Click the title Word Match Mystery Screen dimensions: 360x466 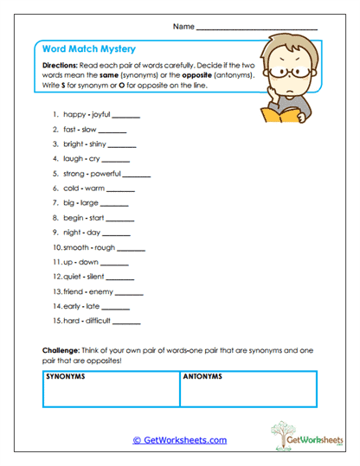pyautogui.click(x=91, y=49)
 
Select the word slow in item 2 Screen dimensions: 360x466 pyautogui.click(x=90, y=129)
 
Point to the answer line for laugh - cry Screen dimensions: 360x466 pyautogui.click(x=116, y=161)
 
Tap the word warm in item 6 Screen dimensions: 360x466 pyautogui.click(x=95, y=188)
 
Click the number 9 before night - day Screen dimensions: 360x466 pyautogui.click(x=55, y=233)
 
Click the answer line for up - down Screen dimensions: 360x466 pyautogui.click(x=114, y=263)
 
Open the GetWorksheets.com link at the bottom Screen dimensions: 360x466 pyautogui.click(x=180, y=440)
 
